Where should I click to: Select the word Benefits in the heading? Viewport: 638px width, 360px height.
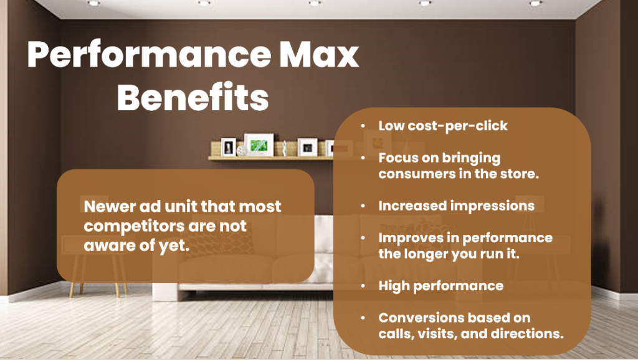point(193,97)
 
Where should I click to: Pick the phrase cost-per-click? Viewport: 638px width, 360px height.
point(458,126)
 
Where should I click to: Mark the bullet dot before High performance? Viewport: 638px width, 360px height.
point(363,287)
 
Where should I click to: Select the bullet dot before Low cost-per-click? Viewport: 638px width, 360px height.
point(363,126)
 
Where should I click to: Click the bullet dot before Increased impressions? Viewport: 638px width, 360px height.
point(363,206)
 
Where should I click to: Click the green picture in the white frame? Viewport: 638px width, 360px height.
point(259,145)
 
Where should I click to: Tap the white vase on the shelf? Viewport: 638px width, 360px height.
point(284,148)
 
